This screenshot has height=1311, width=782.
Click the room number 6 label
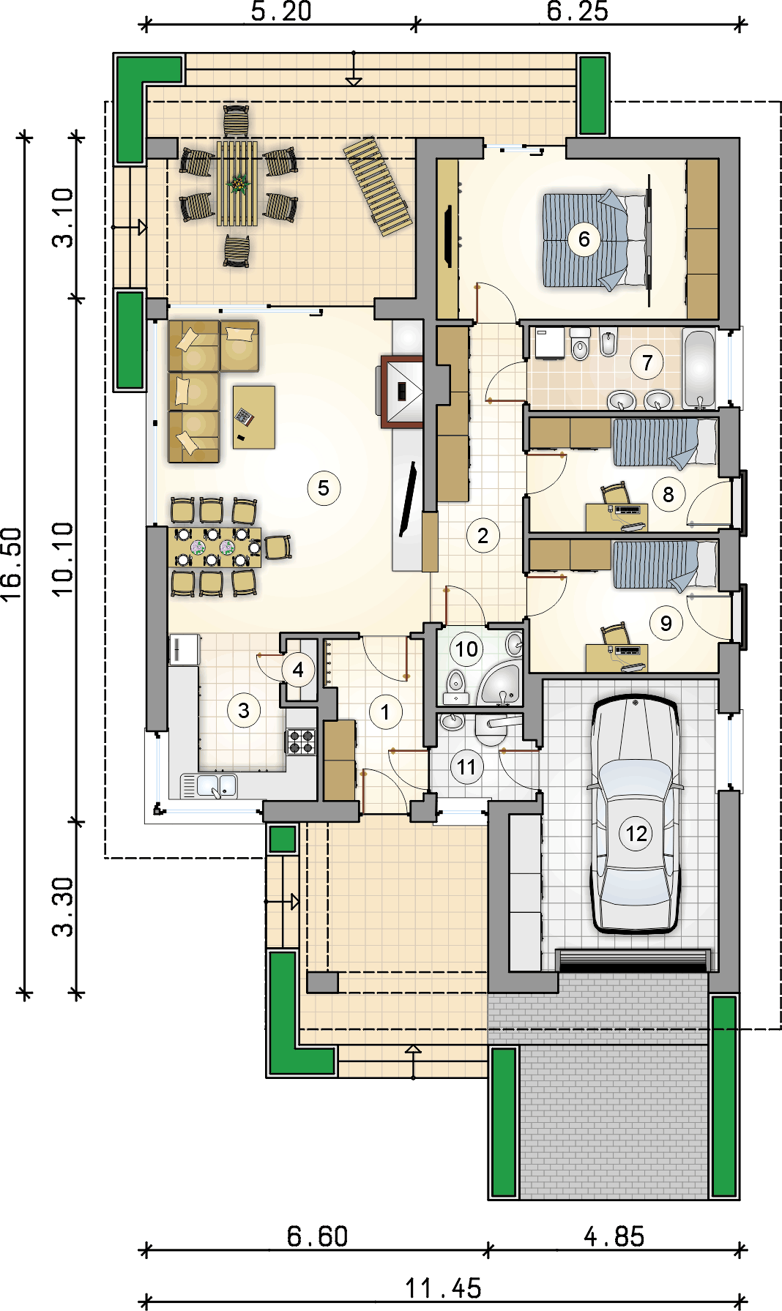click(x=584, y=239)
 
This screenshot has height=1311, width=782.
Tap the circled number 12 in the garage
click(x=636, y=834)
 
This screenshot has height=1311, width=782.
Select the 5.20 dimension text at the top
click(x=282, y=11)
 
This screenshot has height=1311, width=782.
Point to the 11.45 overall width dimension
click(x=444, y=1288)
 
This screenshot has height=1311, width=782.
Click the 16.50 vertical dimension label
click(x=12, y=564)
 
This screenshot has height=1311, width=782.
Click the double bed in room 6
click(x=595, y=240)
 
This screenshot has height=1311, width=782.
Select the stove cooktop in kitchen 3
click(x=301, y=741)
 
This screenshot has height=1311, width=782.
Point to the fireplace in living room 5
click(x=402, y=391)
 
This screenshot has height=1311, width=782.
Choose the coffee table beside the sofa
click(x=254, y=417)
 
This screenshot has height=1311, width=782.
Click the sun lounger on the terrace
click(x=378, y=187)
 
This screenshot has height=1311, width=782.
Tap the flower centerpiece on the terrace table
click(x=238, y=184)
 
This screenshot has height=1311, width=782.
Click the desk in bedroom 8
click(x=617, y=516)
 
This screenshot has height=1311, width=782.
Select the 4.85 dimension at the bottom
click(x=614, y=1237)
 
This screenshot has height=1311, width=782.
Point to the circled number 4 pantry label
click(x=298, y=669)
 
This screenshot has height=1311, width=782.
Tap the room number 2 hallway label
click(x=483, y=536)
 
